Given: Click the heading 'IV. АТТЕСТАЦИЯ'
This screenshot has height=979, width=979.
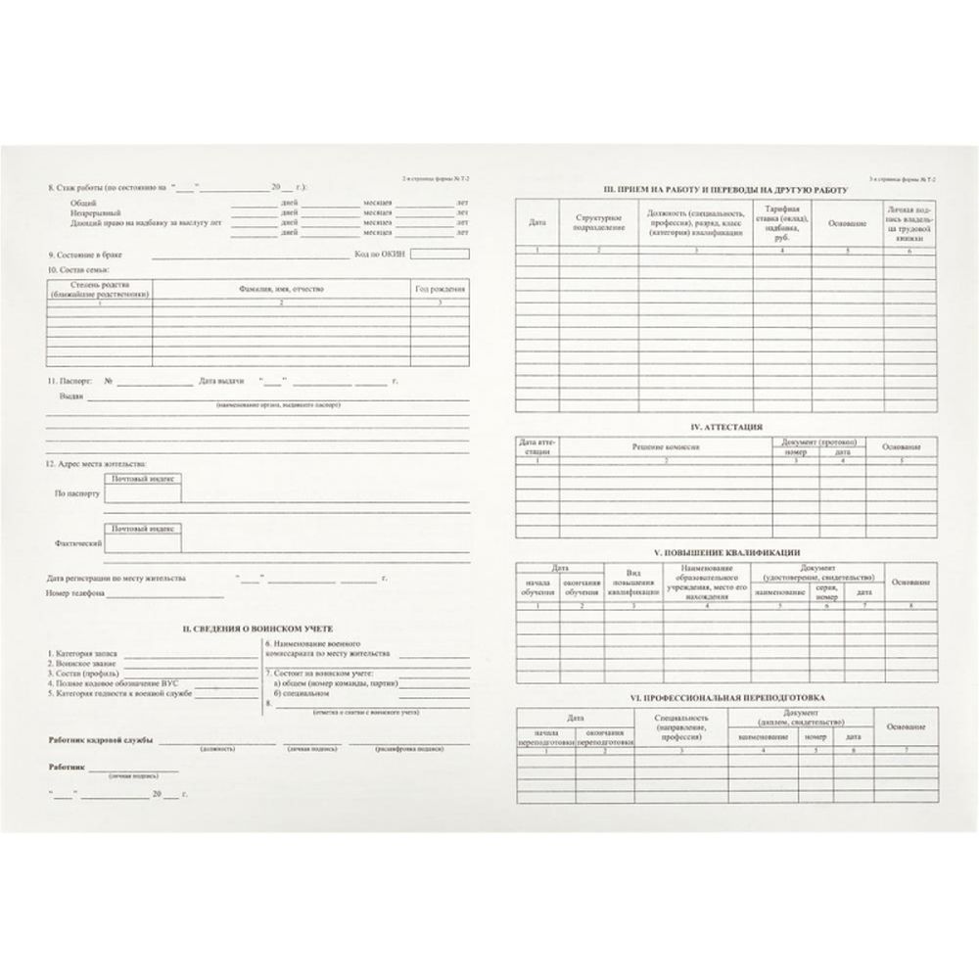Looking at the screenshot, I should pos(725,427).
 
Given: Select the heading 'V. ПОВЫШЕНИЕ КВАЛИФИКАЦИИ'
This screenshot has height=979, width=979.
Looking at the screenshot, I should pos(725,553).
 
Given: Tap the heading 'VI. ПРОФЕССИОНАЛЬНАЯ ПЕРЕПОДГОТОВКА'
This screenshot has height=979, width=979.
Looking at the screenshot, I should pos(725,697).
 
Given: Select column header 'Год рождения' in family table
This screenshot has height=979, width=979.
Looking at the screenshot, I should pos(440,289).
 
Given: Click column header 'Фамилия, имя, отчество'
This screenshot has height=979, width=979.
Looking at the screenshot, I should pos(281,289).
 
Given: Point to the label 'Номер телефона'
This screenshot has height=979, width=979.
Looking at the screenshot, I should pos(74,593).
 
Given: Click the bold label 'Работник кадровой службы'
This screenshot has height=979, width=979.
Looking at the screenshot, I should pos(101,740).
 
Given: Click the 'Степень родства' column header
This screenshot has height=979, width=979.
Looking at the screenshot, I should pos(100,289).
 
